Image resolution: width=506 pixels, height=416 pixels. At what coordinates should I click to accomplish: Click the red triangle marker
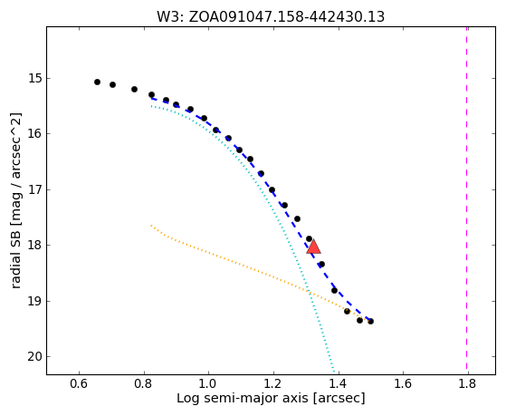pyautogui.click(x=313, y=247)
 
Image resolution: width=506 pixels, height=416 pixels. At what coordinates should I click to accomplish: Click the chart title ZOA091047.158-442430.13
pyautogui.click(x=287, y=17)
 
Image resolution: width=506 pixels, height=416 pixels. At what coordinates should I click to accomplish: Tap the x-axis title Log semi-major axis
pyautogui.click(x=243, y=398)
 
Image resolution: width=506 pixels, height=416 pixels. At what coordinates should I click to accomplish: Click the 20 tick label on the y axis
pyautogui.click(x=34, y=357)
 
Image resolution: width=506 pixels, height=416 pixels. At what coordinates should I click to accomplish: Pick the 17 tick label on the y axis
pyautogui.click(x=34, y=189)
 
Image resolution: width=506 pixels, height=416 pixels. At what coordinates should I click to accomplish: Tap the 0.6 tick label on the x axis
pyautogui.click(x=79, y=383)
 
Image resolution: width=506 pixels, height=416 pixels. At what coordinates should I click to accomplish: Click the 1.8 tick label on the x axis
pyautogui.click(x=468, y=383)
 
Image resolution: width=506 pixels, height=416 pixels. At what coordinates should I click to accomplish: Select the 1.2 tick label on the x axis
pyautogui.click(x=273, y=383)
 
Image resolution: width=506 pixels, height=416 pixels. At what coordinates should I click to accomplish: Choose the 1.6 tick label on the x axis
pyautogui.click(x=403, y=383)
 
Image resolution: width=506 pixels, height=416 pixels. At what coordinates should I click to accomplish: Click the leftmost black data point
pyautogui.click(x=97, y=82)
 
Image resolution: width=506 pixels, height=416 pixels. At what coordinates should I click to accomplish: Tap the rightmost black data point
pyautogui.click(x=371, y=322)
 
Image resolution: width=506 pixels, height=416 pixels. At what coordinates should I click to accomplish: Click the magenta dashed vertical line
pyautogui.click(x=467, y=200)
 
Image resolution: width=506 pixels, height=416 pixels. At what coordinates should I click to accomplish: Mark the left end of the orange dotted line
pyautogui.click(x=151, y=225)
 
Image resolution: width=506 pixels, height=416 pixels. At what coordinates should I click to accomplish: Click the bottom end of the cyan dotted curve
pyautogui.click(x=334, y=373)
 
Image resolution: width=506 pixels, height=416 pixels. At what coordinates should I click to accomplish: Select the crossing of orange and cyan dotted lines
pyautogui.click(x=310, y=293)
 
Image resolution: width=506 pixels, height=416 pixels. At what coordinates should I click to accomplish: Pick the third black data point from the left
pyautogui.click(x=135, y=89)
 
